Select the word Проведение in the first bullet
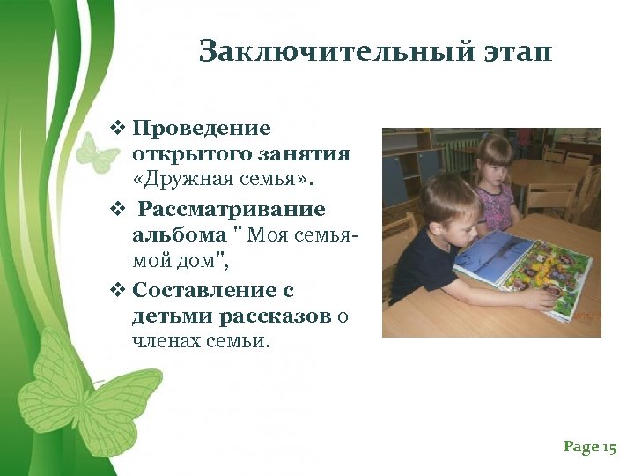point(202,129)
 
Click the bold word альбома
point(180,235)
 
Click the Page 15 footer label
point(590,448)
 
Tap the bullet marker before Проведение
point(118,129)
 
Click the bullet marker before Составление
point(118,290)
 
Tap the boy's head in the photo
point(446,204)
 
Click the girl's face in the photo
point(496,167)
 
